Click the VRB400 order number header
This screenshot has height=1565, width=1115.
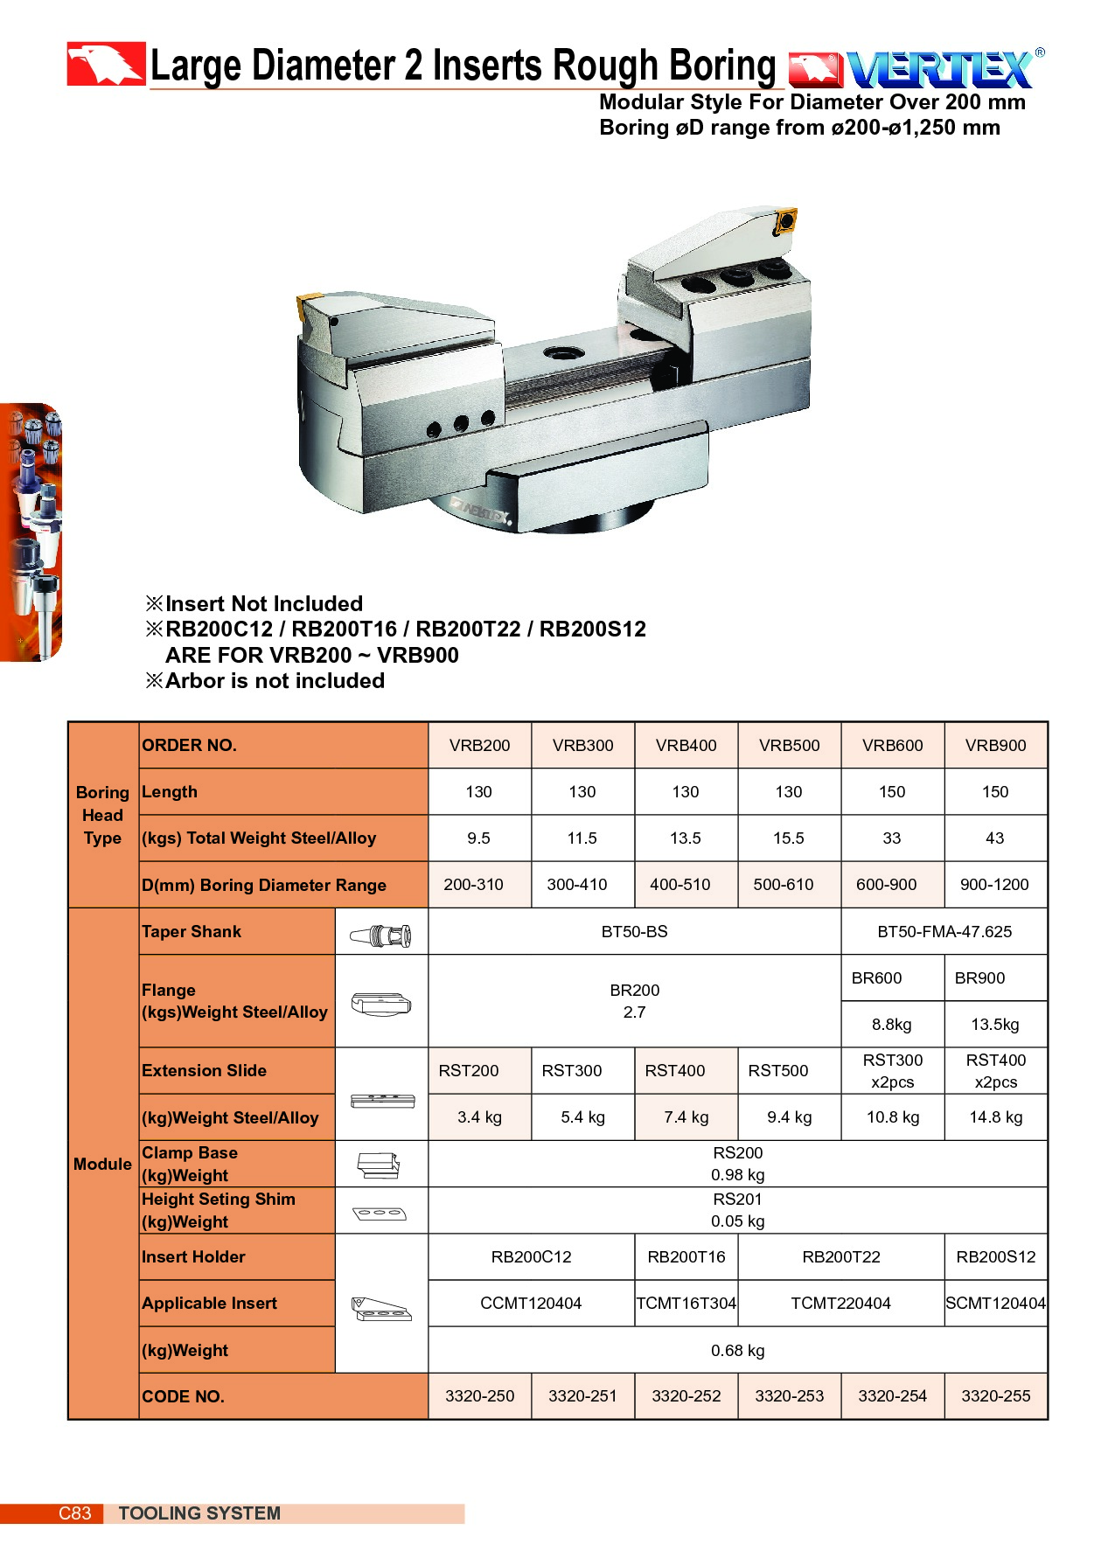(x=686, y=746)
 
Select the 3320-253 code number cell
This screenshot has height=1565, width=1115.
(x=789, y=1396)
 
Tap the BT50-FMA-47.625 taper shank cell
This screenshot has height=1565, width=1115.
(x=944, y=932)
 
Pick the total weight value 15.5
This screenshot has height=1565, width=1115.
(x=788, y=838)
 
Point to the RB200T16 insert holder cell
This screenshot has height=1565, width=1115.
(x=686, y=1257)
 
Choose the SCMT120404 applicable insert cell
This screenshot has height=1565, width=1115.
(x=995, y=1304)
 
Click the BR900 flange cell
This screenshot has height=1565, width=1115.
(x=979, y=978)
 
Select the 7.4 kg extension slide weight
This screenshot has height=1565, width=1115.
(x=686, y=1117)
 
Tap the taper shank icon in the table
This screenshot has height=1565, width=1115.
(x=381, y=936)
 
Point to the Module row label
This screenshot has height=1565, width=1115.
(x=102, y=1165)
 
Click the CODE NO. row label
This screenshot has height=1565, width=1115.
(x=183, y=1397)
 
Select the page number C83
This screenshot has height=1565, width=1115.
(x=74, y=1513)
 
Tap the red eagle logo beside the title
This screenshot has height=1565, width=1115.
(x=106, y=64)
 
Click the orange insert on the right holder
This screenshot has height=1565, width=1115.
(x=785, y=220)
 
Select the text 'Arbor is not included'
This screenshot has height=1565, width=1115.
(x=274, y=681)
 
